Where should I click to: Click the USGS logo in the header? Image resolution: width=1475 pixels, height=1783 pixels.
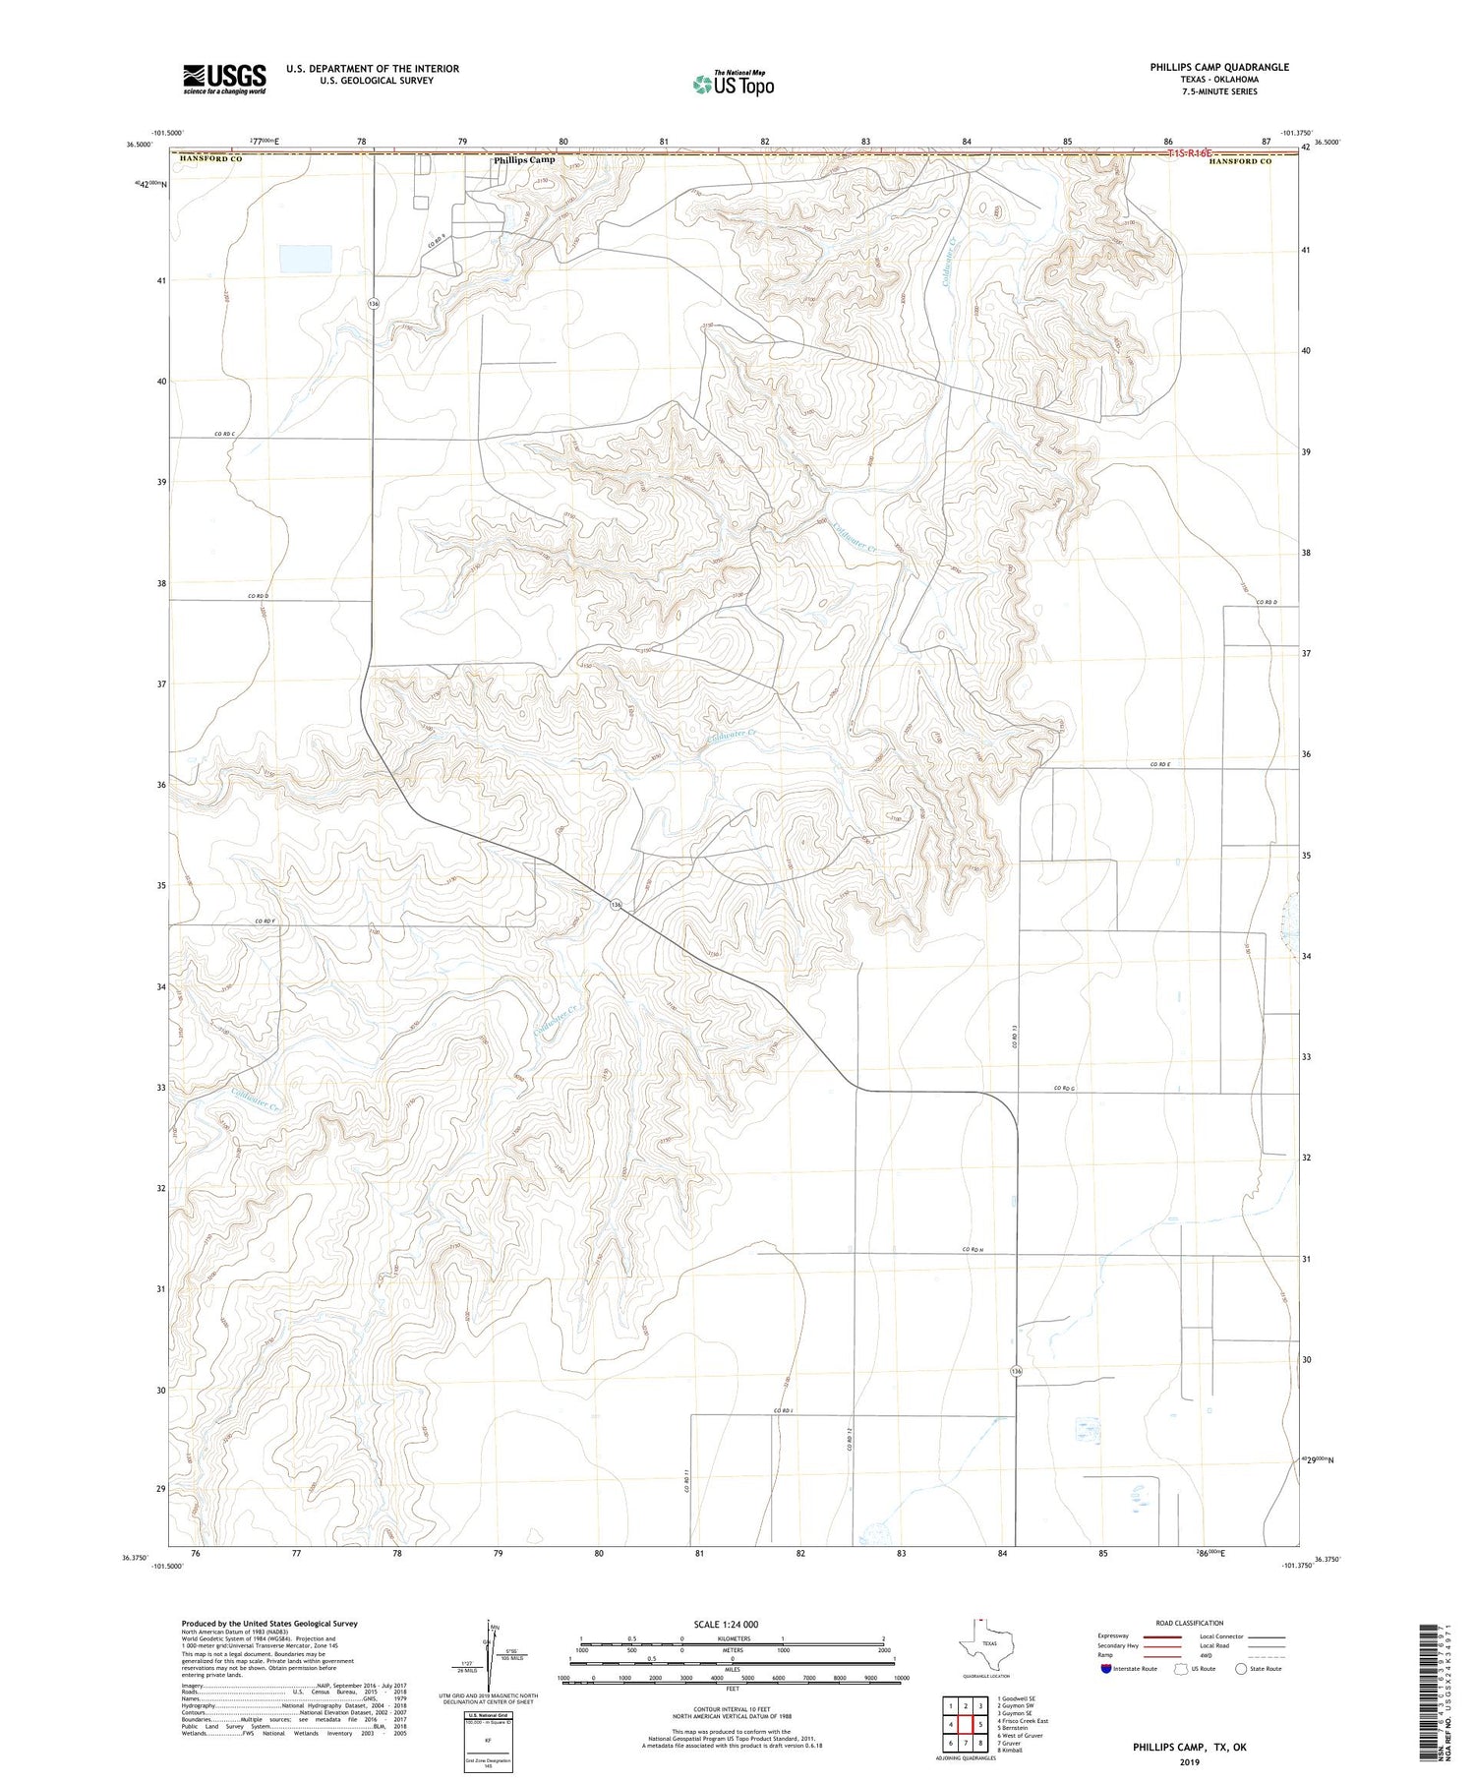point(224,79)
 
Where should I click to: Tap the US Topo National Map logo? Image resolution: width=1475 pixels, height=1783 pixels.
point(734,84)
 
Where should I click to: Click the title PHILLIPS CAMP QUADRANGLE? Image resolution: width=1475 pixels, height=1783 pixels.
point(1205,67)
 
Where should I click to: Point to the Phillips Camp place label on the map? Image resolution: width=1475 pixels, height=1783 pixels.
point(524,159)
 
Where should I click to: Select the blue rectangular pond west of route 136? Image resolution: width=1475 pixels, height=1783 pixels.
point(305,259)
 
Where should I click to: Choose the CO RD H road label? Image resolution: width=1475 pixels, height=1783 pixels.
point(973,1250)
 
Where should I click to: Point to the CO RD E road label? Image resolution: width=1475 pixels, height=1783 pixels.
point(1161,764)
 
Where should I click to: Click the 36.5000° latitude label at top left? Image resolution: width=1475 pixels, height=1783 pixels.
point(139,145)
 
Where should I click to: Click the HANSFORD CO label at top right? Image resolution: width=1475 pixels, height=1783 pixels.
point(1240,161)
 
